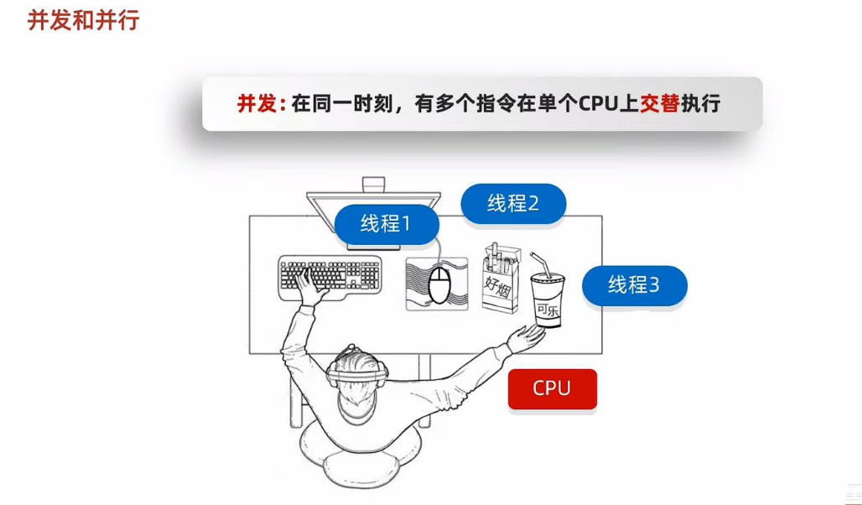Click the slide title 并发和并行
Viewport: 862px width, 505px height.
[83, 19]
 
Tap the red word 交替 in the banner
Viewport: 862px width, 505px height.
[658, 104]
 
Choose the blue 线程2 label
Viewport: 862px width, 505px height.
[512, 203]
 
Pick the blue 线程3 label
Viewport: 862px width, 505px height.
[634, 284]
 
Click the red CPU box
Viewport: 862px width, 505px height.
[552, 388]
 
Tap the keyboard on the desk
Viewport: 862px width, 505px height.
[330, 273]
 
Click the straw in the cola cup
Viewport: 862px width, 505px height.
[541, 265]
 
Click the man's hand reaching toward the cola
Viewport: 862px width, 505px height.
[527, 337]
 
